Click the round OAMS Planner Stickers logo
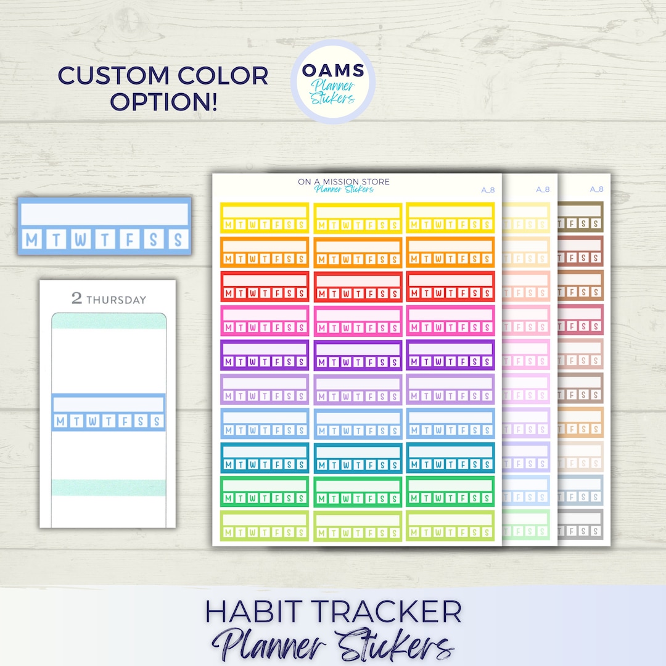click(332, 81)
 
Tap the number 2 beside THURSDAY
click(76, 298)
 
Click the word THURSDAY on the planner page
click(116, 300)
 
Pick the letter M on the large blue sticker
click(32, 239)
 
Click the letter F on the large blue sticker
click(129, 239)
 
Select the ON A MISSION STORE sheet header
click(343, 181)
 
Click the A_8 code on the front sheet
click(488, 190)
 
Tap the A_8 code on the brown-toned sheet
click(596, 189)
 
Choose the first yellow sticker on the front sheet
click(265, 217)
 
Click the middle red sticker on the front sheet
click(358, 286)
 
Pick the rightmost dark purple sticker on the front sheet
click(450, 355)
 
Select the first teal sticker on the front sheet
click(265, 458)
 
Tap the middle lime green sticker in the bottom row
click(358, 526)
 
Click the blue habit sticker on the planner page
click(109, 412)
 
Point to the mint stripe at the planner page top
click(109, 321)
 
